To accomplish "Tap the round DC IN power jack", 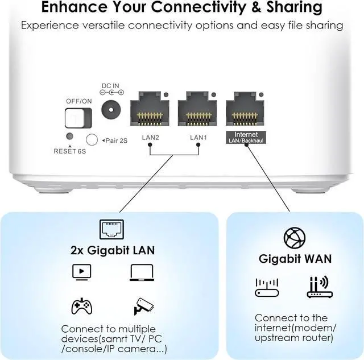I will click(112, 110).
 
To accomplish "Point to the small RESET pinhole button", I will click(69, 136).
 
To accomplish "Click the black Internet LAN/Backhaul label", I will click(246, 137).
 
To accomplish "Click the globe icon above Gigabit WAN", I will click(295, 238).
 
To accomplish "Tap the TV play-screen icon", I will click(81, 272).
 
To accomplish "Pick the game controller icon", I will click(81, 307).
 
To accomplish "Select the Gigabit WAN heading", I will click(295, 259).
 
